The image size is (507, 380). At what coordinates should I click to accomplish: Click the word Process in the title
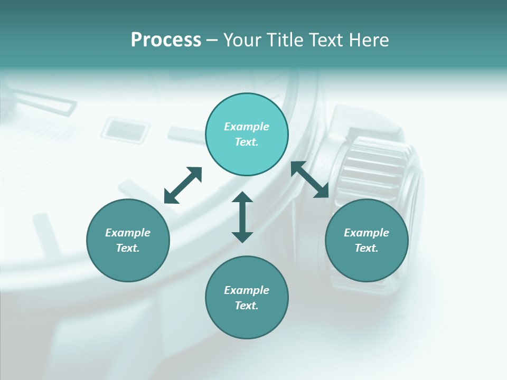(166, 40)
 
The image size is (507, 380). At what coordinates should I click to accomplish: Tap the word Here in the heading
(368, 40)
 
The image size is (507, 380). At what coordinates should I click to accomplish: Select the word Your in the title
(242, 40)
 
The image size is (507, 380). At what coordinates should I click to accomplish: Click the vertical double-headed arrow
(242, 217)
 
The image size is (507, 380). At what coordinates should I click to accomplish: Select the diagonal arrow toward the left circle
(183, 185)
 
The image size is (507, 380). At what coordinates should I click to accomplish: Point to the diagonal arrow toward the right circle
(310, 179)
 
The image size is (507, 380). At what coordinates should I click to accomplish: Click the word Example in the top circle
(247, 127)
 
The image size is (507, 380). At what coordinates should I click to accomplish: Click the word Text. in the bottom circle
(247, 306)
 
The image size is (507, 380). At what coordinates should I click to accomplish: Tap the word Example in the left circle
(128, 233)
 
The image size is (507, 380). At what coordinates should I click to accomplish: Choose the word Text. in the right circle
(367, 248)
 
